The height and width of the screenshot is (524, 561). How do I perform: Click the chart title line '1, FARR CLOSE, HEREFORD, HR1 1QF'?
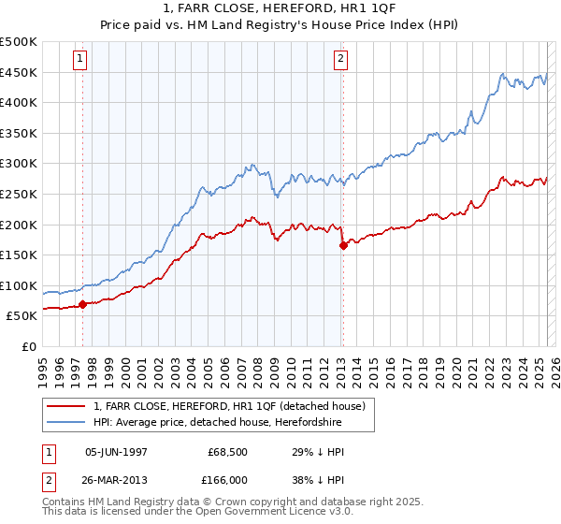(x=280, y=8)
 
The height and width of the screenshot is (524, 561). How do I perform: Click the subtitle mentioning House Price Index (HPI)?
(x=280, y=24)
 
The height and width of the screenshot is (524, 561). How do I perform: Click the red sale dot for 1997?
(x=82, y=304)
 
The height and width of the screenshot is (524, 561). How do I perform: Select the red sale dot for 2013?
(x=343, y=245)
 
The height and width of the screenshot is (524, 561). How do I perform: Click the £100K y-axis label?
(x=19, y=285)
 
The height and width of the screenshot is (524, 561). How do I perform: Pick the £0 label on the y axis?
(x=28, y=346)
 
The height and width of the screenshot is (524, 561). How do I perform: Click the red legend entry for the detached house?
(x=234, y=406)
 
